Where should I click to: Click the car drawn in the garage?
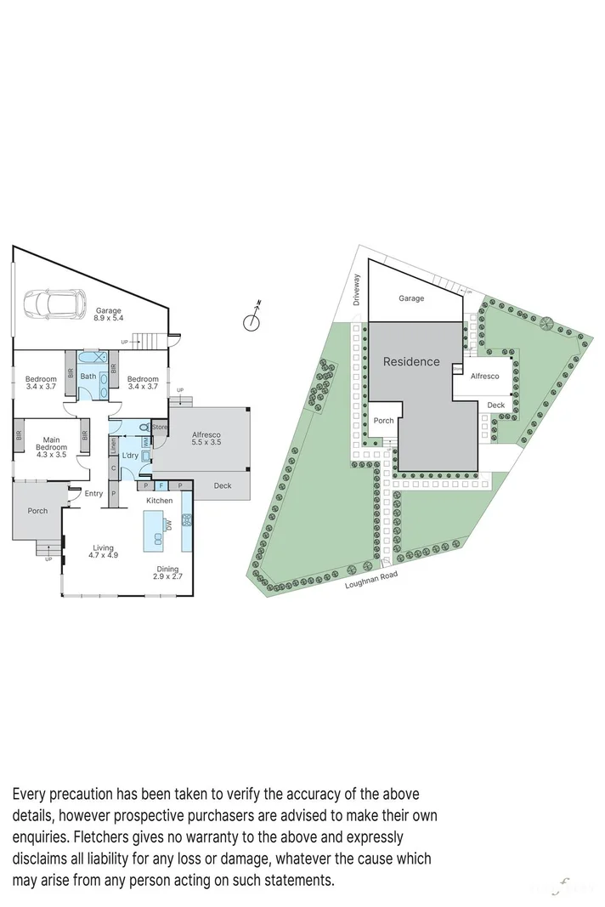click(54, 302)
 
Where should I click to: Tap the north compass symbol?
click(252, 320)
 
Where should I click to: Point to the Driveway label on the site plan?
click(358, 289)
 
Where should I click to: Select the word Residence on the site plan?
click(411, 361)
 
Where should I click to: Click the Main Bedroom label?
click(51, 447)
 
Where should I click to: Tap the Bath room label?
click(88, 376)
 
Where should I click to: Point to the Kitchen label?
click(159, 502)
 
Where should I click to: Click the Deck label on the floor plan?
click(222, 486)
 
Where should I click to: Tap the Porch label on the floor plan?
click(37, 511)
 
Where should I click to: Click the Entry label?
click(93, 494)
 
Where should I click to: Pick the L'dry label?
click(130, 456)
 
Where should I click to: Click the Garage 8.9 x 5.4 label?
click(108, 315)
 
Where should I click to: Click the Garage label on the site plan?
click(411, 298)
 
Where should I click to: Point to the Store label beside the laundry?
click(160, 427)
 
